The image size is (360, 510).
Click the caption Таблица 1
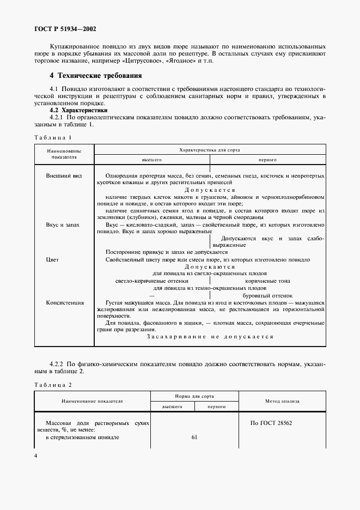pos(53,137)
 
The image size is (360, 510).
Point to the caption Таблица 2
pos(53,385)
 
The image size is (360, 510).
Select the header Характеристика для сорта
pos(210,149)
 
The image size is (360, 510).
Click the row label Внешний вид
pos(64,176)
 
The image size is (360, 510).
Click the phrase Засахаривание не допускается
pos(210,337)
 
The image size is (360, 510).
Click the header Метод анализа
pos(282,401)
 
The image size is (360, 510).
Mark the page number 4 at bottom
pos(36,456)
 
